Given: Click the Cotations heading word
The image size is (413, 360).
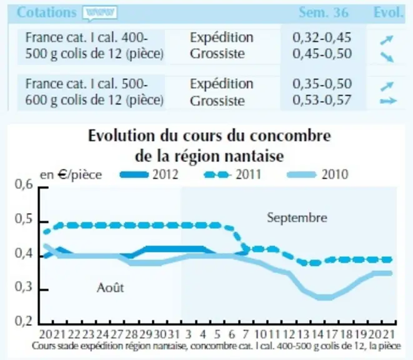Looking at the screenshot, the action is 47,12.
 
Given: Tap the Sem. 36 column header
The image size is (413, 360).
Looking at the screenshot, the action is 324,12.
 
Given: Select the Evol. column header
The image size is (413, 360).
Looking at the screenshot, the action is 389,12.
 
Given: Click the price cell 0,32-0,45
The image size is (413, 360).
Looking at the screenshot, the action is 322,37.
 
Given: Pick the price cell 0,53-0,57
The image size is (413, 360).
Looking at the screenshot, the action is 322,100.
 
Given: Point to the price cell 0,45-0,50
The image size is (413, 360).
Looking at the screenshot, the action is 322,54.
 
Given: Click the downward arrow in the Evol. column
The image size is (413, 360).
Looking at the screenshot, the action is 387,57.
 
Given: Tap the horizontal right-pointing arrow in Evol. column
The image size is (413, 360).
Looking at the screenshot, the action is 388,101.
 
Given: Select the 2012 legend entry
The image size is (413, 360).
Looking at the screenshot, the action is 149,174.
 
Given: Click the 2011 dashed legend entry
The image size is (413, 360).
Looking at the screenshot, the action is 233,174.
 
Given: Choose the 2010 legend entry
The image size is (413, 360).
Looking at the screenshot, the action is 318,174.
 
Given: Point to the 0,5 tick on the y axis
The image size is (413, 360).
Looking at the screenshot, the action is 24,219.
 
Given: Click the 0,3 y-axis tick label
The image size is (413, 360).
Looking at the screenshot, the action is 24,287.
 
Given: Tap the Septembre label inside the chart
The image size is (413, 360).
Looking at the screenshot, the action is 297,218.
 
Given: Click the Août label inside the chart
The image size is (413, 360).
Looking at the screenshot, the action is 111,287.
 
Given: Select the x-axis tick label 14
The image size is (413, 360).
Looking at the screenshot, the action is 317,334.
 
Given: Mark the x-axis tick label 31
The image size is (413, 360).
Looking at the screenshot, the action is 174,334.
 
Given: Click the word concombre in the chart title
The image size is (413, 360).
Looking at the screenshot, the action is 291,136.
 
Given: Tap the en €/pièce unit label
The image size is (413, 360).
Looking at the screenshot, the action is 71,175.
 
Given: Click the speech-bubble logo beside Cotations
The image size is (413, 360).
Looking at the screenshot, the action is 99,13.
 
